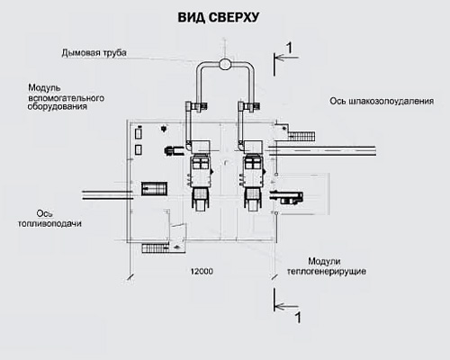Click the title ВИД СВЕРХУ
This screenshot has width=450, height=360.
(219, 17)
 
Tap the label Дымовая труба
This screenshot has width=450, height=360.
(94, 53)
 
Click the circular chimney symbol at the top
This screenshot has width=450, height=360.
(225, 64)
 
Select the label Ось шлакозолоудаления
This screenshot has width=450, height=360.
(382, 101)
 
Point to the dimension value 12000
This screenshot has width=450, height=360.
(202, 272)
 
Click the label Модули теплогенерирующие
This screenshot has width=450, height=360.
(327, 266)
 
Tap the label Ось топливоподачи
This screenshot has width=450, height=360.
(49, 219)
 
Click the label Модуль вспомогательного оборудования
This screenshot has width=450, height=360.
(66, 97)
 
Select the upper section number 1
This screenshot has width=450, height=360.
(289, 48)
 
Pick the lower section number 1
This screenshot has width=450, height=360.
(298, 318)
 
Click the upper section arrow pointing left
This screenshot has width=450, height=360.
(286, 58)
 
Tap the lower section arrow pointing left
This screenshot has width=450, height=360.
(286, 307)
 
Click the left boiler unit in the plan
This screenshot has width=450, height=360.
(200, 175)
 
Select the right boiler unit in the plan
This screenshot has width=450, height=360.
(253, 175)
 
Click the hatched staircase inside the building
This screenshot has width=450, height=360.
(154, 189)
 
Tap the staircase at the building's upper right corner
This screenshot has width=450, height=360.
(301, 136)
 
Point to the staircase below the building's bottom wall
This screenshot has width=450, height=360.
(156, 248)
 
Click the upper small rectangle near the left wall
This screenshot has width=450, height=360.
(139, 133)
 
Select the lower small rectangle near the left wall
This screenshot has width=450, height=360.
(139, 149)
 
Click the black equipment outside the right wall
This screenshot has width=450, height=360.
(286, 197)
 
